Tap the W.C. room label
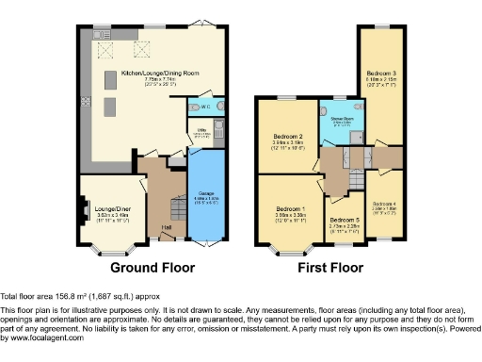tap(203, 106)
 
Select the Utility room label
tap(201, 131)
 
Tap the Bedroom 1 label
tap(290, 208)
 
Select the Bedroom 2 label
tap(286, 138)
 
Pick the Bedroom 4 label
tap(386, 204)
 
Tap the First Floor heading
tap(331, 268)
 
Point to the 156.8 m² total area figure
tap(68, 295)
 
